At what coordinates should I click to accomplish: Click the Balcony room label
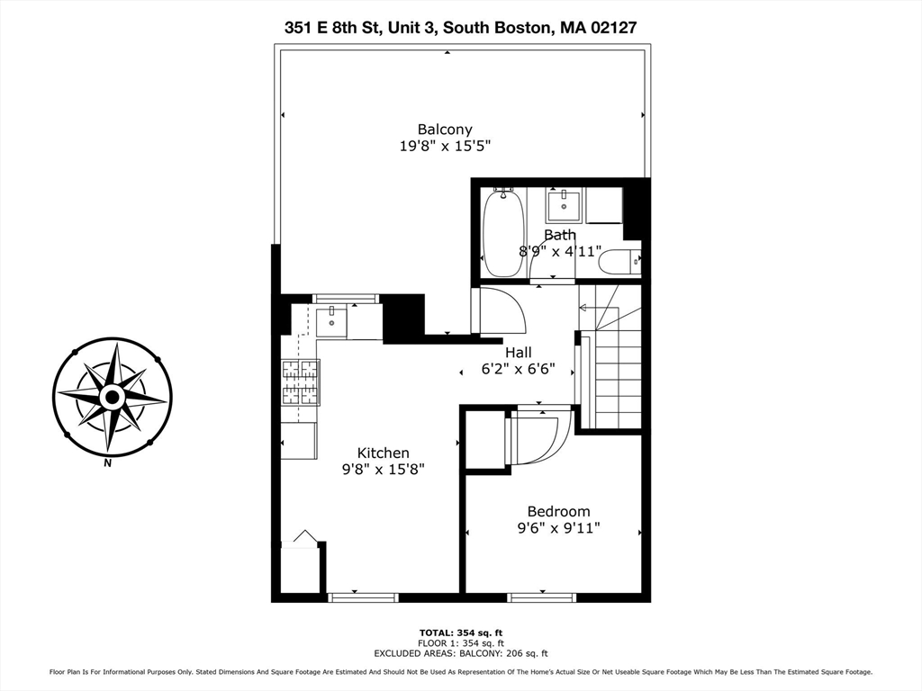pos(444,129)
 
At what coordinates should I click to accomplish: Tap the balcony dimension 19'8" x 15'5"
pos(444,146)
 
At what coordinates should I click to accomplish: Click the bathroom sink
pos(564,205)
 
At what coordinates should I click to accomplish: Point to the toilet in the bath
pos(619,262)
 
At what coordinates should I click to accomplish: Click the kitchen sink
pos(331,320)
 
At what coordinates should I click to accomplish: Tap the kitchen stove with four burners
pos(300,382)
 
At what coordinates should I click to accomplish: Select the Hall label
pos(518,352)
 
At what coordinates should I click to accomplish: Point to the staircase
pos(617,369)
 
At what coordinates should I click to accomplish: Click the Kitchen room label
pos(383,453)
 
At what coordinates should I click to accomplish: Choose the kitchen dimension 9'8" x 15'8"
pos(383,469)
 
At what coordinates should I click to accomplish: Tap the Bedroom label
pos(558,511)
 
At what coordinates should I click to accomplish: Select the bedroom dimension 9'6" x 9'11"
pos(558,527)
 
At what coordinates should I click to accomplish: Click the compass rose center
pos(112,396)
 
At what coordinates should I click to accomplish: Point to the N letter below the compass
pos(108,464)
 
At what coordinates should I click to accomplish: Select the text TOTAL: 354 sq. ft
pos(461,633)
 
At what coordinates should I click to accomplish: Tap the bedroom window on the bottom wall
pos(542,597)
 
